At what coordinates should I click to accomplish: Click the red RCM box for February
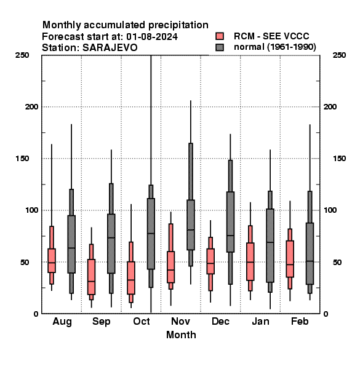[x=290, y=259]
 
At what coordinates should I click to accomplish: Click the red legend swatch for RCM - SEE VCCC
[x=220, y=36]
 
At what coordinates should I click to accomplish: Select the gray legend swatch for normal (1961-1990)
[x=220, y=47]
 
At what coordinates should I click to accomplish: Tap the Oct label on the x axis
[x=142, y=321]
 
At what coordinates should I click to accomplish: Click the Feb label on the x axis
[x=300, y=321]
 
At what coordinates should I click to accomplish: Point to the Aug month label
[x=62, y=322]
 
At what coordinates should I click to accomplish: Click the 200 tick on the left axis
[x=31, y=107]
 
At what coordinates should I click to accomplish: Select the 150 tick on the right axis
[x=339, y=159]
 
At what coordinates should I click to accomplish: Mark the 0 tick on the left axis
[x=36, y=314]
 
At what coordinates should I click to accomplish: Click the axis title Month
[x=181, y=335]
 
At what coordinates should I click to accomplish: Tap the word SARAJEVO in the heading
[x=110, y=48]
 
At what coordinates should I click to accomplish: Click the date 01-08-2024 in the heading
[x=152, y=37]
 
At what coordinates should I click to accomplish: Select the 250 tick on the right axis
[x=339, y=55]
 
